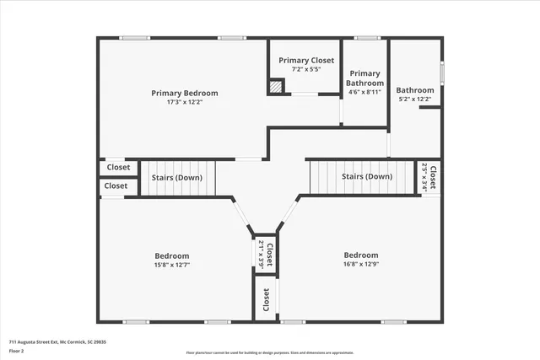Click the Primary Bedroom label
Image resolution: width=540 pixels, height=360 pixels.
tap(184, 93)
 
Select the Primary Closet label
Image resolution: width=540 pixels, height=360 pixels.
tap(306, 61)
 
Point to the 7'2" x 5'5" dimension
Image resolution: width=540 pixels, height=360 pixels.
tap(306, 69)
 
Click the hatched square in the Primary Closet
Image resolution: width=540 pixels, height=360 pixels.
tap(276, 86)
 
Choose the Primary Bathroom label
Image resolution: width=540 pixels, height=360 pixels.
tap(364, 78)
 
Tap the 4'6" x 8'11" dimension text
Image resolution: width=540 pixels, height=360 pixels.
tap(364, 92)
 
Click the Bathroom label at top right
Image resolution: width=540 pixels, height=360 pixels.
tap(415, 90)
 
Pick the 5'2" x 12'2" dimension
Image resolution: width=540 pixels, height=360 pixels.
tap(415, 99)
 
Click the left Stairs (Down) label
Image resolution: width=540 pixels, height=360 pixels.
tap(176, 178)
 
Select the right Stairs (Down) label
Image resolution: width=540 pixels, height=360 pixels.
tap(367, 177)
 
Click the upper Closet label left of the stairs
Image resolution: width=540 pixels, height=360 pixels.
tap(117, 167)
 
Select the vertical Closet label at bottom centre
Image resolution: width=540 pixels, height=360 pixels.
tap(266, 299)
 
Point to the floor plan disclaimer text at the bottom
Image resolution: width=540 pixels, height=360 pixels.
tap(270, 352)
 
